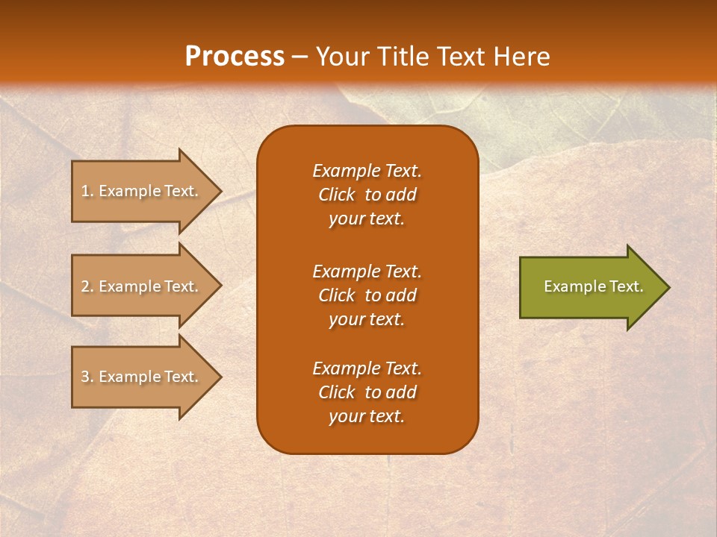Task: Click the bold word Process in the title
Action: pos(235,57)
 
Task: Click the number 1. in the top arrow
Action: pos(87,191)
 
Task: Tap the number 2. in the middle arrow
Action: pos(87,286)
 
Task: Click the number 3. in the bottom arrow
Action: pos(87,377)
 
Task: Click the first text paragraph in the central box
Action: pos(367,195)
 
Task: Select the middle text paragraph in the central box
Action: pos(367,295)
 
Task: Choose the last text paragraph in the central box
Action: pos(367,392)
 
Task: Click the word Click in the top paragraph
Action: pos(337,195)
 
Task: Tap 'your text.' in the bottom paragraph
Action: pos(367,417)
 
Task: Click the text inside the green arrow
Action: pos(594,286)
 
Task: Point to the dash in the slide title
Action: pos(299,57)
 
